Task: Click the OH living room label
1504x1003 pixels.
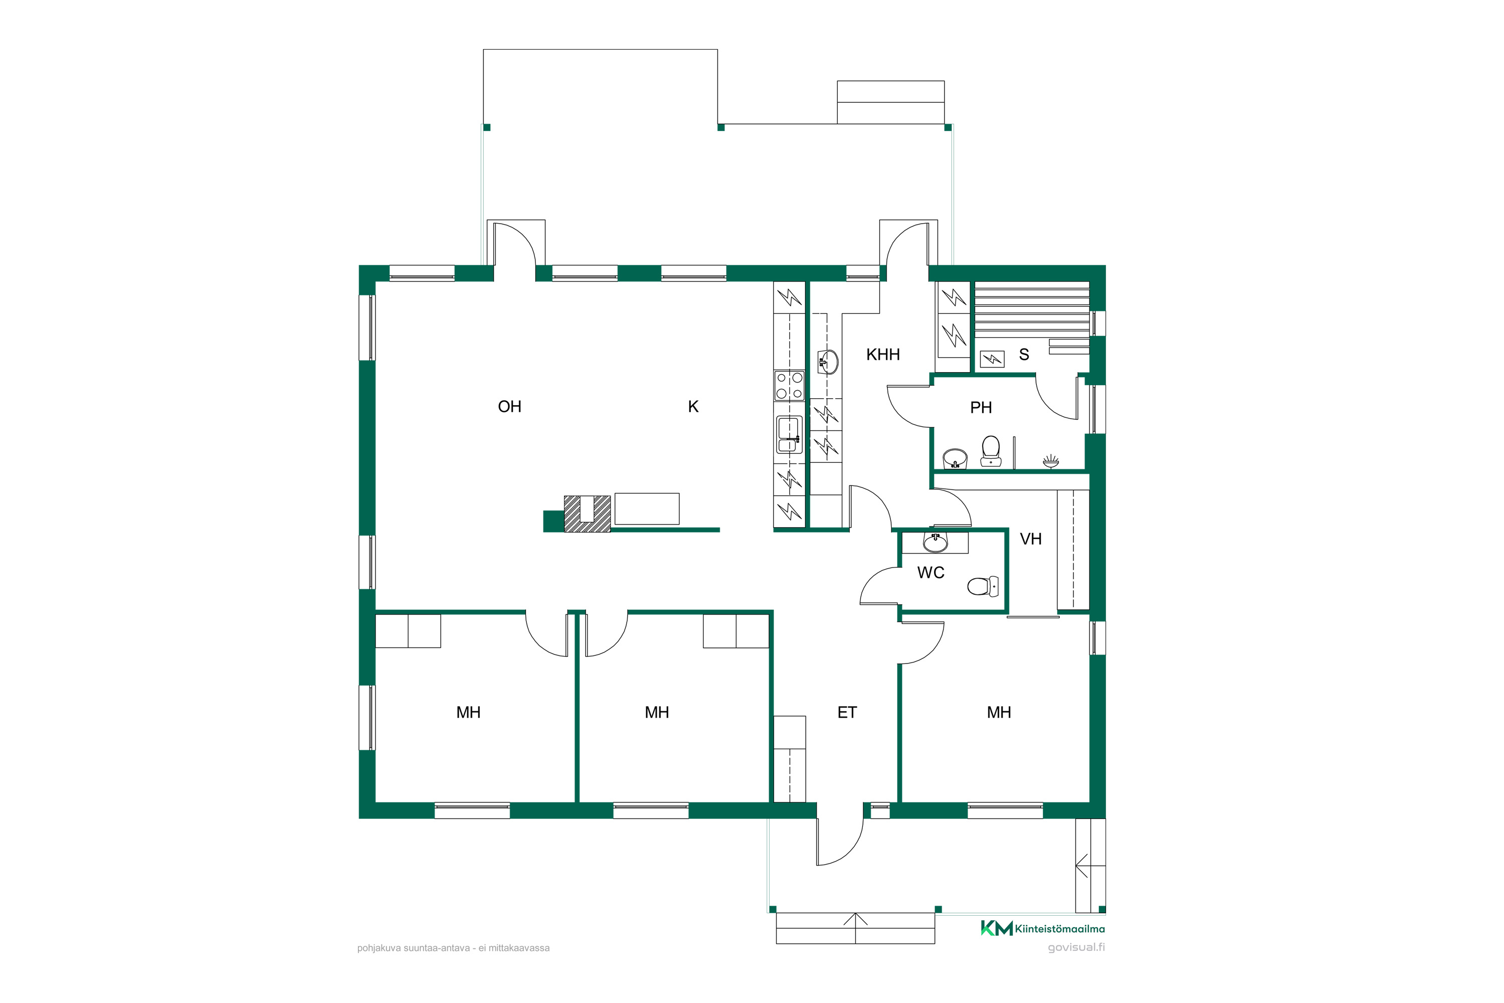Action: (x=510, y=407)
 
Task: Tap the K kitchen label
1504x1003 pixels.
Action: (x=693, y=407)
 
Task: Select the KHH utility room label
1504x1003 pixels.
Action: (x=883, y=355)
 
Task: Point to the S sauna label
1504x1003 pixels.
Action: (x=1024, y=355)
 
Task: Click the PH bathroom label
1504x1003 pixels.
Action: (x=981, y=407)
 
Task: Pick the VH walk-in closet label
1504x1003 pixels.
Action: (x=1031, y=539)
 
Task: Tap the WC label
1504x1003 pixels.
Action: (x=931, y=573)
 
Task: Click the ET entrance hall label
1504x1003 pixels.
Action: (x=847, y=713)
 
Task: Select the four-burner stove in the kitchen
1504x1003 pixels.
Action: (x=790, y=386)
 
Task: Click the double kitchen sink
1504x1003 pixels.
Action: (x=790, y=435)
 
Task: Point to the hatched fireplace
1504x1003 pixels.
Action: (x=587, y=514)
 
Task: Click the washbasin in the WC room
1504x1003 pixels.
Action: (x=935, y=543)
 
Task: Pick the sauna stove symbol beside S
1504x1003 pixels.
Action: (x=993, y=359)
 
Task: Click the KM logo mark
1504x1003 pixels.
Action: (x=996, y=928)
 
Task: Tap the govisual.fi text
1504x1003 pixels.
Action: (x=1076, y=947)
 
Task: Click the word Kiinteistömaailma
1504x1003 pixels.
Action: (x=1060, y=929)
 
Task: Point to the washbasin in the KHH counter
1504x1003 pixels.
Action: (x=828, y=362)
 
